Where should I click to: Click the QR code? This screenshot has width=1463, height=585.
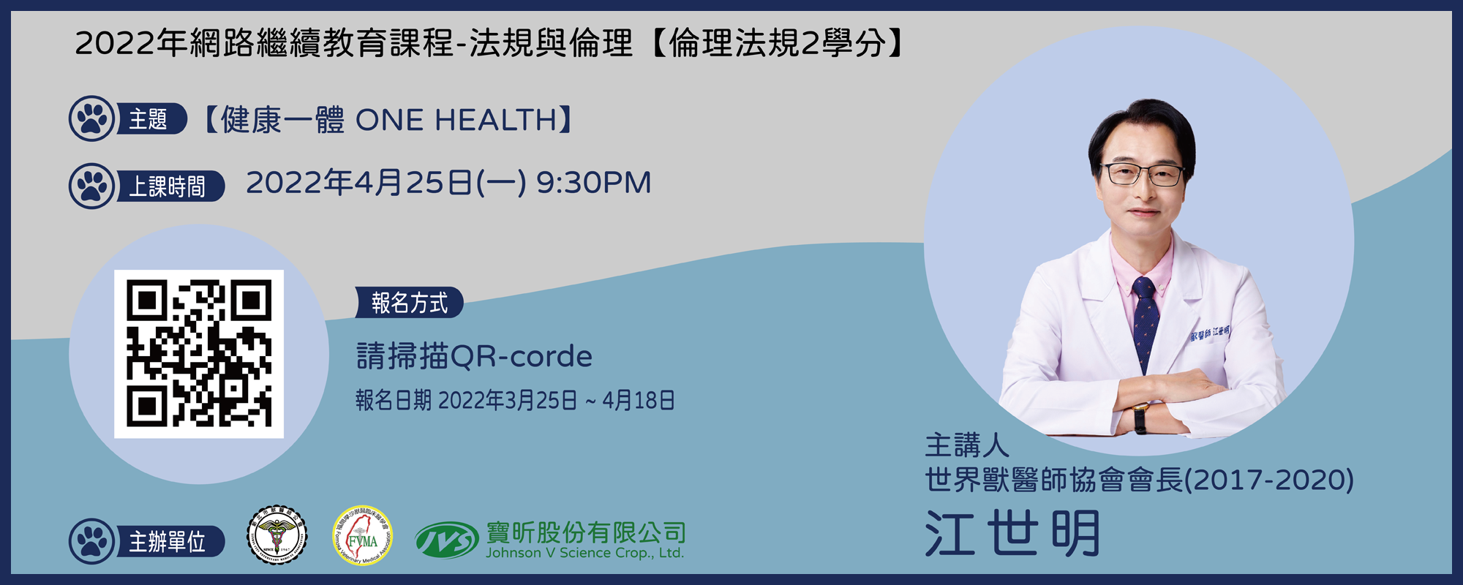click(199, 354)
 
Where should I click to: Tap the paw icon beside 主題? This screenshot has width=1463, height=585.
click(92, 118)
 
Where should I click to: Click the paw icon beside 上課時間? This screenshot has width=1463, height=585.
click(92, 186)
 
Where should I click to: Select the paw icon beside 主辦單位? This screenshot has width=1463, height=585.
click(92, 541)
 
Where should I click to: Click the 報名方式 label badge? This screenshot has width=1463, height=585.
click(409, 303)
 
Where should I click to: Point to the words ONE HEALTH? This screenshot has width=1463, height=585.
click(456, 120)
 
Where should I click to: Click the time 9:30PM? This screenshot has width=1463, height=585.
click(593, 183)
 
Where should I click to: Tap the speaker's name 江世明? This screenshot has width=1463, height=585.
click(1013, 534)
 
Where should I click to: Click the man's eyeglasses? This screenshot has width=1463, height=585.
click(1143, 174)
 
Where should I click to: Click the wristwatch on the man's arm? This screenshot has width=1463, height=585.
click(1140, 418)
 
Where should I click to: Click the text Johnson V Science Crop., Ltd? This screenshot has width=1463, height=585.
click(585, 554)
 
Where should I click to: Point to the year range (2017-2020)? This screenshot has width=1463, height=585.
click(1268, 480)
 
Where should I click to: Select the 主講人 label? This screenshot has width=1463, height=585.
click(967, 445)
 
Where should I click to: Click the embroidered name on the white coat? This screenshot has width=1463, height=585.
click(1210, 334)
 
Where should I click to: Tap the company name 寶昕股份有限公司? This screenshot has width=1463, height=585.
click(586, 532)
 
